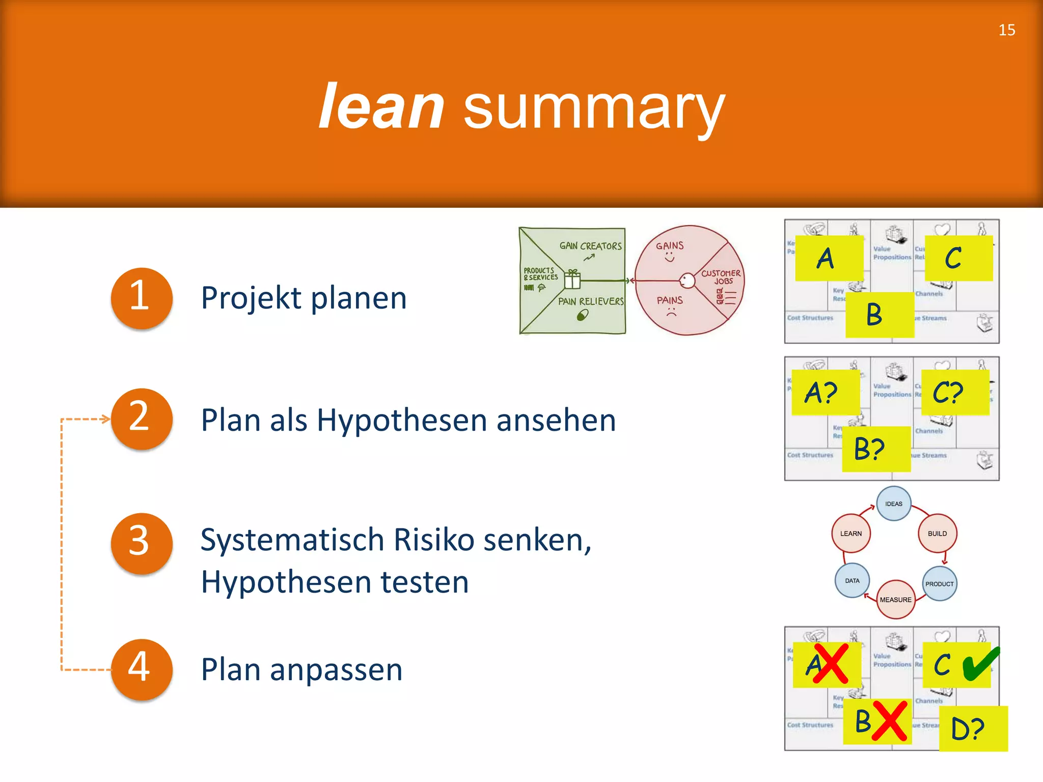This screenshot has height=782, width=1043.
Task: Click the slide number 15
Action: pos(1006,30)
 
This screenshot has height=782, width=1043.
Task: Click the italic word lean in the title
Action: pos(381,107)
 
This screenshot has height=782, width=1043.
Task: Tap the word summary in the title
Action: pos(594,108)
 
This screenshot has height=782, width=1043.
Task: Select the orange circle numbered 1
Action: pos(141,298)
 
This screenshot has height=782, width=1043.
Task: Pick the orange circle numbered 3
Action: pos(141,543)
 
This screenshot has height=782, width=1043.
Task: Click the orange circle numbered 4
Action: pos(141,668)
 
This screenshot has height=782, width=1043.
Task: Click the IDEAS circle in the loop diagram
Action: pos(893,504)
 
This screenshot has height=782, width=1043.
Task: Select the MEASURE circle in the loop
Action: pos(895,599)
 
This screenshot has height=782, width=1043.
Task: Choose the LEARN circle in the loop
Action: pos(850,533)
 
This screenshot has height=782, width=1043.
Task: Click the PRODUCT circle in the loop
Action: pos(939,583)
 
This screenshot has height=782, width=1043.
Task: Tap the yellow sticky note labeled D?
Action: pos(973,729)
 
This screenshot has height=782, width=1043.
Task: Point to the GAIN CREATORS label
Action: pos(590,246)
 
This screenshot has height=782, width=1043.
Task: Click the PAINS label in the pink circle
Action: pos(669,300)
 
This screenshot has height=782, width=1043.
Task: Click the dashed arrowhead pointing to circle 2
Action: pos(105,420)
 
